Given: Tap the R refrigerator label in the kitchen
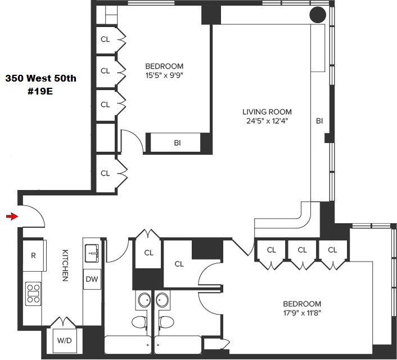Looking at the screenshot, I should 34,255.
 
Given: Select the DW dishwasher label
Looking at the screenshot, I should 92,278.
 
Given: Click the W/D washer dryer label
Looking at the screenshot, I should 62,340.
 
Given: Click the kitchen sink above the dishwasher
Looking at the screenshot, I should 92,253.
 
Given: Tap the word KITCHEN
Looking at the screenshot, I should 65,265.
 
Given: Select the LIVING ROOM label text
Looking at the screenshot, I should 267,112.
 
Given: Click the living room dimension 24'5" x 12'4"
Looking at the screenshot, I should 267,121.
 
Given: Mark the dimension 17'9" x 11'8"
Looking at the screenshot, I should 303,313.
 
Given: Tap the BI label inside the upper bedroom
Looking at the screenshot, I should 177,143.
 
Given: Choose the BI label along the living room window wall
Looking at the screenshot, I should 319,121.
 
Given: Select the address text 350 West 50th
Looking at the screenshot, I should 40,79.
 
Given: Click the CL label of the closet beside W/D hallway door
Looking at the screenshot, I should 148,253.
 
